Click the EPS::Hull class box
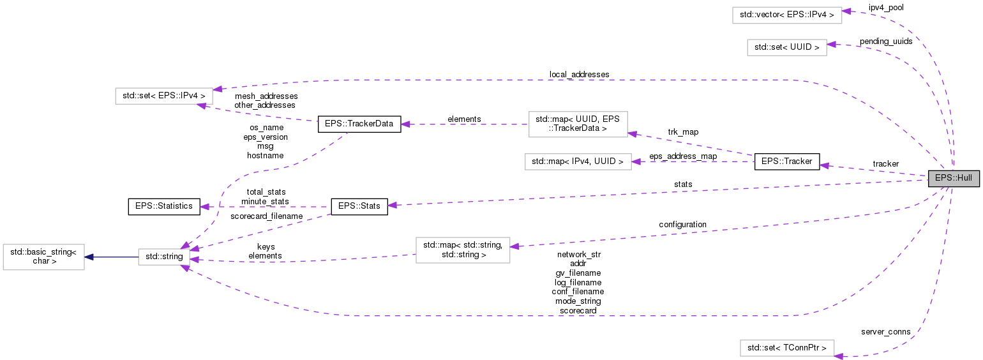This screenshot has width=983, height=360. (x=953, y=179)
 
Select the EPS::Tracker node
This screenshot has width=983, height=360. (x=786, y=161)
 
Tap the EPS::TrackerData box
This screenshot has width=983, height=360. (x=359, y=124)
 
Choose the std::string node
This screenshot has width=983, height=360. (x=165, y=257)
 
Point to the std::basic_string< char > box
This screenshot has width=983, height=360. (x=43, y=257)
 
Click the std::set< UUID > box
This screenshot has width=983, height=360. (x=786, y=47)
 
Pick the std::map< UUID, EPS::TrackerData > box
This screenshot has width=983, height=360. (x=578, y=124)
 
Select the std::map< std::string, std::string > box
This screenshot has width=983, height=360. (x=463, y=250)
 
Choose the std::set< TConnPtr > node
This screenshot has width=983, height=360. (x=786, y=348)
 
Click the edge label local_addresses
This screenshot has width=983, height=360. (x=579, y=75)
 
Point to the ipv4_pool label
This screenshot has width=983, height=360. (x=886, y=8)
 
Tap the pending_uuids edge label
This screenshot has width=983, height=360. (x=886, y=41)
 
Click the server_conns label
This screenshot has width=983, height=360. (x=885, y=332)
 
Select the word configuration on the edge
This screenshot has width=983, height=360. (x=682, y=225)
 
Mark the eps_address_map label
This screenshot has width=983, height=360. (x=683, y=156)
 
